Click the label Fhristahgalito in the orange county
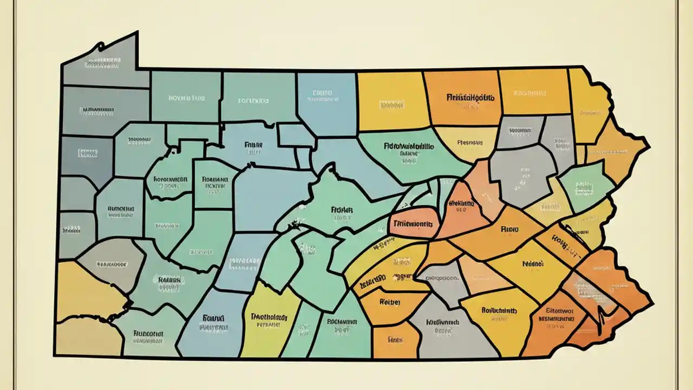[470, 99]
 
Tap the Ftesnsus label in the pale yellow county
[469, 143]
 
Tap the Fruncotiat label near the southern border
[148, 334]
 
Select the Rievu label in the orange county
[510, 229]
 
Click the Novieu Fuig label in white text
[187, 99]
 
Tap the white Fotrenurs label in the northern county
[253, 101]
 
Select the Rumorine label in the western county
[121, 208]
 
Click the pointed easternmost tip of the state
[648, 145]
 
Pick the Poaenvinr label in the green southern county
[342, 321]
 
